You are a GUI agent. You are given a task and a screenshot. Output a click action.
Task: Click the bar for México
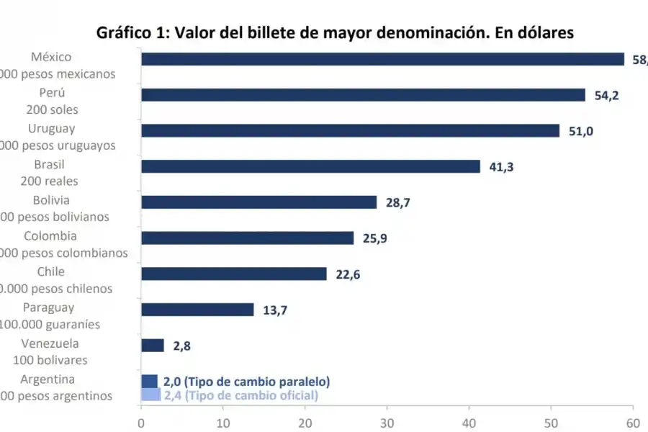pos(382,59)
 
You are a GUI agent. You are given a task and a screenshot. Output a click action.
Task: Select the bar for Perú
pos(363,95)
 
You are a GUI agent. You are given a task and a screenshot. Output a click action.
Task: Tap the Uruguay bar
pos(350,130)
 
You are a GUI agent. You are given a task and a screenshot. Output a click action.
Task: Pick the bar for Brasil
pos(310,166)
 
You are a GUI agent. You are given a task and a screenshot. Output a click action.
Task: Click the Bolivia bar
pos(258,202)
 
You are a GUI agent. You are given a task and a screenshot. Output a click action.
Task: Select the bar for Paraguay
pos(197,310)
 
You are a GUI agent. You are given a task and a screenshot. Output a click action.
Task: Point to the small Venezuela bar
pos(153,346)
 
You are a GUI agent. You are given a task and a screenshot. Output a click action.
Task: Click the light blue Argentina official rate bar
pos(150,395)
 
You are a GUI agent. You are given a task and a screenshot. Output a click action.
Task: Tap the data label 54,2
pos(606,96)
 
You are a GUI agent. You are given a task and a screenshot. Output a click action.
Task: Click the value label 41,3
pos(501,167)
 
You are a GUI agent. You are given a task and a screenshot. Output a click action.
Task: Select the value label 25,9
pos(374,239)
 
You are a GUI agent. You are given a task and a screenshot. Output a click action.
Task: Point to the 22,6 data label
pos(348,274)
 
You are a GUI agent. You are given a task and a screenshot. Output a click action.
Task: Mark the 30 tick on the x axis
pos(387,422)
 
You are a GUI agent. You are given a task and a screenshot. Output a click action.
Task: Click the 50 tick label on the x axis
pos(552,422)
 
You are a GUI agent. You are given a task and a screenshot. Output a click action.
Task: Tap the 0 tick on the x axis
pos(141,422)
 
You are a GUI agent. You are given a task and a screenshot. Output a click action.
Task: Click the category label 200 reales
pos(49,181)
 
